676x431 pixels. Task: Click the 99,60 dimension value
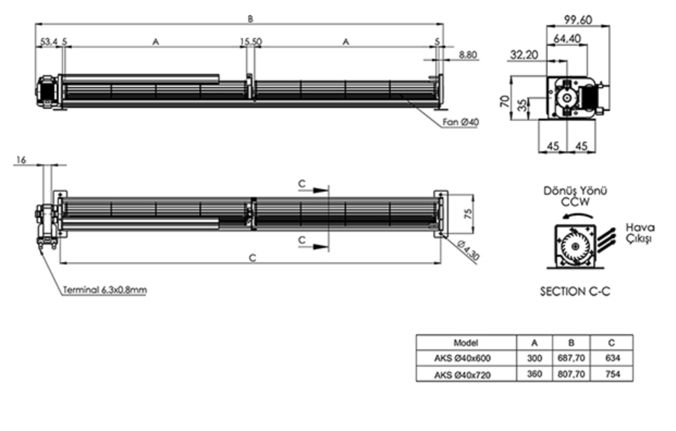point(578,20)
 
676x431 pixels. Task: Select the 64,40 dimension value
point(567,39)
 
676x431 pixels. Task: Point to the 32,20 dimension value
point(524,55)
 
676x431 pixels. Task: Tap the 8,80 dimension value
point(468,55)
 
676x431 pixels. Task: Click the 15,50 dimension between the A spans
point(251,41)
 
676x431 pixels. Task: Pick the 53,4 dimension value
point(48,41)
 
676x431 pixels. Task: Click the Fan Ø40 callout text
point(460,122)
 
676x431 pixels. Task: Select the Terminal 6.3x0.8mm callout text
point(105,290)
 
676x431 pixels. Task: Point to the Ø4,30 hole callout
point(468,250)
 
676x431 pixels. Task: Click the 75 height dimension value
point(468,214)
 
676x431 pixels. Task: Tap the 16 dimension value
point(21,160)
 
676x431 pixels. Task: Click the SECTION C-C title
point(575,292)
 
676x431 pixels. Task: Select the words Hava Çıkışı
point(640,233)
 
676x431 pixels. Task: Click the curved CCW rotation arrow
point(577,215)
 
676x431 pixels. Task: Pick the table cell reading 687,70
point(571,358)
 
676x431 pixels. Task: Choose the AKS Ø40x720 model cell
point(462,375)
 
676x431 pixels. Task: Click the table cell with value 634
point(612,358)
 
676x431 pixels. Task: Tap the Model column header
point(466,343)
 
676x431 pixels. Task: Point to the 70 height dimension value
point(505,101)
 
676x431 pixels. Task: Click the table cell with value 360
point(534,374)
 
